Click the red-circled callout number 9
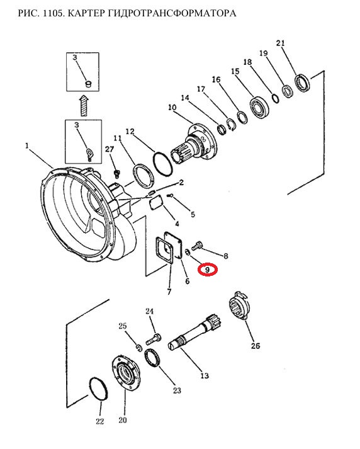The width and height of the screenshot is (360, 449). (208, 270)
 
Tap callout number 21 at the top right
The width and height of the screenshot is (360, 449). (281, 43)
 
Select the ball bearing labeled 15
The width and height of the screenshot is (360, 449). (259, 108)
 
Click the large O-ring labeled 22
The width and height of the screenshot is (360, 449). (99, 389)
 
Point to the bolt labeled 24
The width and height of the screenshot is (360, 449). (154, 339)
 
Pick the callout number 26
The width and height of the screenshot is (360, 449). (256, 346)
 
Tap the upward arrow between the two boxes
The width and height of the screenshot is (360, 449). (84, 105)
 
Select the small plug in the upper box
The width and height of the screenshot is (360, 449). (89, 84)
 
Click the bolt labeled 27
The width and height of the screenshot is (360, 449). (116, 174)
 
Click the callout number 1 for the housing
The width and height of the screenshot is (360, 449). (27, 145)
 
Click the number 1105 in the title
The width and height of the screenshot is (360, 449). (52, 13)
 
